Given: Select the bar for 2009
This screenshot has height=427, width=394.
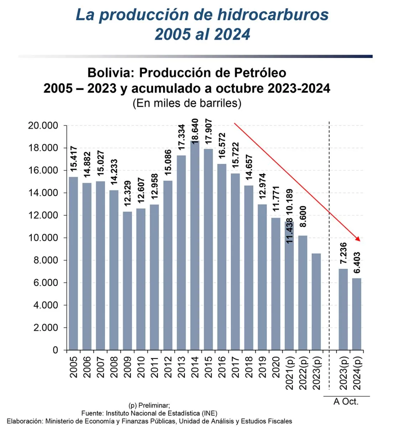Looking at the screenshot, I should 127,281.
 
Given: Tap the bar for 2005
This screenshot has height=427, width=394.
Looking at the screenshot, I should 73,263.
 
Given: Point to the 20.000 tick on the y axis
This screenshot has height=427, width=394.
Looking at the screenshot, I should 43,126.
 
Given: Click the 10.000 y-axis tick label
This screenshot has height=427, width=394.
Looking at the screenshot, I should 43,238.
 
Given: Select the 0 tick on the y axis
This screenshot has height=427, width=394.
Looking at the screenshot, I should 55,350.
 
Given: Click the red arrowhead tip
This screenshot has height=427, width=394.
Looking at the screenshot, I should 361,241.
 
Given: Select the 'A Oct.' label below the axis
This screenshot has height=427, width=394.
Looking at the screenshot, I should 346,402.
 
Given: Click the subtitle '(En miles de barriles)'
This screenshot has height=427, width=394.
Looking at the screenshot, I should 187,103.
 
